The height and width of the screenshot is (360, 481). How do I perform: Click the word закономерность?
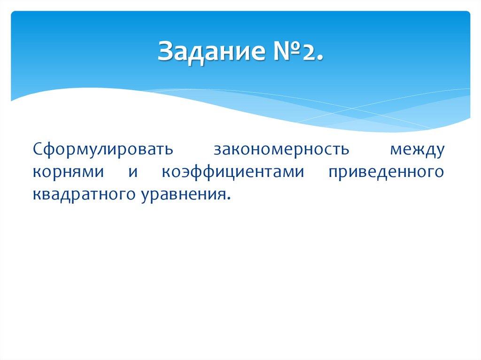coord(282,149)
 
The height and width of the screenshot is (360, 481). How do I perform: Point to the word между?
coord(417,150)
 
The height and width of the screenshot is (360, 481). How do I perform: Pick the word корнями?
coord(69,172)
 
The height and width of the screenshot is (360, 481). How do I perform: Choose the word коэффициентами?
coord(233,172)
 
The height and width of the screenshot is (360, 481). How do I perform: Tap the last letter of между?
coord(439,151)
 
